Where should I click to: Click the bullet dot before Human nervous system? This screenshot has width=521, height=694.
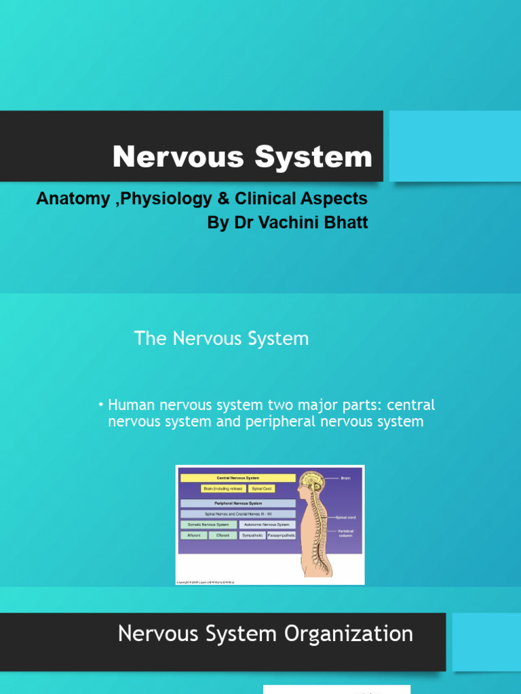[100, 405]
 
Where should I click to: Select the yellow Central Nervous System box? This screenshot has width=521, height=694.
[237, 478]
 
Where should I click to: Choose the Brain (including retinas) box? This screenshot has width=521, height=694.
[223, 488]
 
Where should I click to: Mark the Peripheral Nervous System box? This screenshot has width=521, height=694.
[237, 504]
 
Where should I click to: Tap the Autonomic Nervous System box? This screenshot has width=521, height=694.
[266, 525]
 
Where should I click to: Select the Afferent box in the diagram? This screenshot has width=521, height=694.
[193, 535]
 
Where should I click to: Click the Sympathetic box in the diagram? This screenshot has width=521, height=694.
[252, 535]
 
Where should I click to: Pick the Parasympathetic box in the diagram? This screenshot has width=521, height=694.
[282, 535]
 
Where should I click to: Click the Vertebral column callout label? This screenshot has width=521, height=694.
[346, 533]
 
